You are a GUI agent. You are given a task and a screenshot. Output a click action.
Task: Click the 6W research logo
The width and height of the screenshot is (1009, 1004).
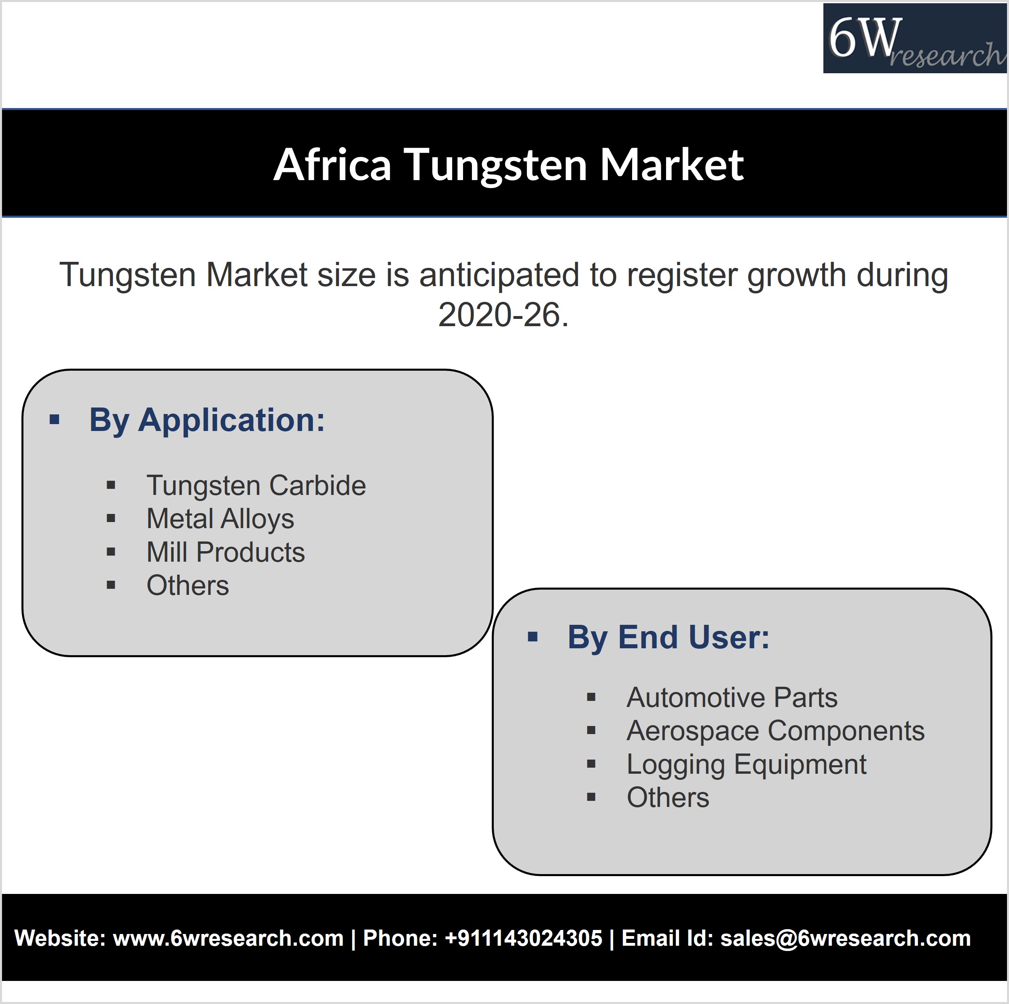click(915, 38)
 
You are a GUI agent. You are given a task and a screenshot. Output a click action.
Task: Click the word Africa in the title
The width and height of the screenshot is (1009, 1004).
click(332, 165)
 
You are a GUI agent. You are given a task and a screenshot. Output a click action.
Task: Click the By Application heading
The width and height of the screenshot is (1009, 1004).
click(207, 420)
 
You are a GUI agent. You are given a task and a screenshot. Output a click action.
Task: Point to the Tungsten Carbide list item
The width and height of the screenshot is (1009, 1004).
click(256, 486)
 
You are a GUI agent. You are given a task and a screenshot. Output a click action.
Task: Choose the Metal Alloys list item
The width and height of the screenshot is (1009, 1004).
click(220, 519)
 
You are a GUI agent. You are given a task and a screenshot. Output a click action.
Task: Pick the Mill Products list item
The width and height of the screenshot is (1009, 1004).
click(226, 552)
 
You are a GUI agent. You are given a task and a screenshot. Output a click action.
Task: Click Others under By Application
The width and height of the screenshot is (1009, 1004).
click(188, 585)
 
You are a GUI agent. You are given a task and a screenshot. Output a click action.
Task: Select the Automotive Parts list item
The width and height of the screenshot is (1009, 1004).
click(732, 697)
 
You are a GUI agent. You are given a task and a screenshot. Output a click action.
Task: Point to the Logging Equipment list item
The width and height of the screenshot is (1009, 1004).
click(746, 764)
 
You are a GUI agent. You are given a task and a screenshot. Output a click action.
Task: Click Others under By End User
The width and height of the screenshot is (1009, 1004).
click(668, 798)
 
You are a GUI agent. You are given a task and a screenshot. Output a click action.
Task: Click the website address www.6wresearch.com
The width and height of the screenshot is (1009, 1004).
click(228, 938)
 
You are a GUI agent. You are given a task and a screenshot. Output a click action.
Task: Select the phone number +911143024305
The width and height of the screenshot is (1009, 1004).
click(523, 938)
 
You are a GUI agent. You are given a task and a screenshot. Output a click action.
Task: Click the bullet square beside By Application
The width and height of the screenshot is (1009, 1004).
click(54, 420)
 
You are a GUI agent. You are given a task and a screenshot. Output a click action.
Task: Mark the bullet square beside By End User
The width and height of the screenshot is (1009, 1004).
click(533, 637)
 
